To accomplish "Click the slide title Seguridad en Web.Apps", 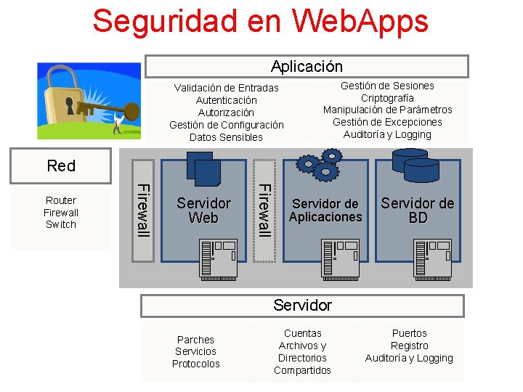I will [260, 22].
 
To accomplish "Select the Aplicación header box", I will [307, 67].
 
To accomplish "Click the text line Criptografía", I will [387, 98].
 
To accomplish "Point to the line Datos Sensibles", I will [226, 137].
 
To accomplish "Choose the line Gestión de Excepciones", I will [387, 122].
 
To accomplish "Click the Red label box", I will [61, 166].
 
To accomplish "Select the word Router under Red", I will [61, 200].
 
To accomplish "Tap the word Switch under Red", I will [61, 225].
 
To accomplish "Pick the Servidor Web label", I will [203, 211].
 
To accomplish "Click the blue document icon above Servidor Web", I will [203, 168].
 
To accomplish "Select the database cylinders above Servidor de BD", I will [415, 165].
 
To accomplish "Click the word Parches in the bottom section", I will [195, 340].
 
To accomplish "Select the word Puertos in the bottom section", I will [409, 334].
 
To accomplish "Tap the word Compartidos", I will [302, 371].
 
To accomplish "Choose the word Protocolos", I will [195, 364].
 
